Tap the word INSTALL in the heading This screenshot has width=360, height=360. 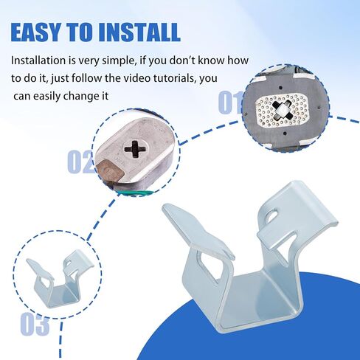(142, 32)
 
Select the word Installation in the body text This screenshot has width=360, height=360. (41, 61)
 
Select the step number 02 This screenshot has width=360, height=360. (81, 162)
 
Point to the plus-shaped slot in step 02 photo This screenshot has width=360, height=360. (136, 150)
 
